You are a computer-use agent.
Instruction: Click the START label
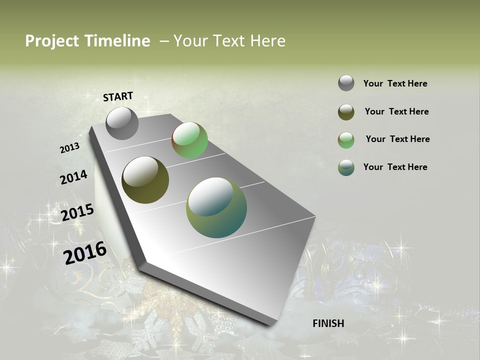point(118,96)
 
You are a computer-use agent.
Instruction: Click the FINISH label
point(328,323)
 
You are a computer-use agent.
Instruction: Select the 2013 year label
point(69,148)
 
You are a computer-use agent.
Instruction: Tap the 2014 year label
point(73,177)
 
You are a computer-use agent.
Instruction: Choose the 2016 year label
point(85,252)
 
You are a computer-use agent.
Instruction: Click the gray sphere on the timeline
point(122,123)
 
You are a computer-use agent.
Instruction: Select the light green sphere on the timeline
point(190,140)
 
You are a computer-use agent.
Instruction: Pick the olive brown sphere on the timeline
point(145,180)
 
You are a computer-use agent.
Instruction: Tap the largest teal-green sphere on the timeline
point(216,207)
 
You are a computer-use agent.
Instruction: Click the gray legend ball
point(346,83)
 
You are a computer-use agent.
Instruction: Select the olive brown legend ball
point(346,112)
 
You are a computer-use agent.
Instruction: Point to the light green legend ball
point(346,140)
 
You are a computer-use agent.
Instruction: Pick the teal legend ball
point(346,167)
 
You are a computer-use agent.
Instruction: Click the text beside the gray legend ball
point(395,84)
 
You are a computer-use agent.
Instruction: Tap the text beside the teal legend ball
point(395,167)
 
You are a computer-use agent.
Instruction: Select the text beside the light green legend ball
point(397,139)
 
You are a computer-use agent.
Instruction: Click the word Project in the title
point(52,41)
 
